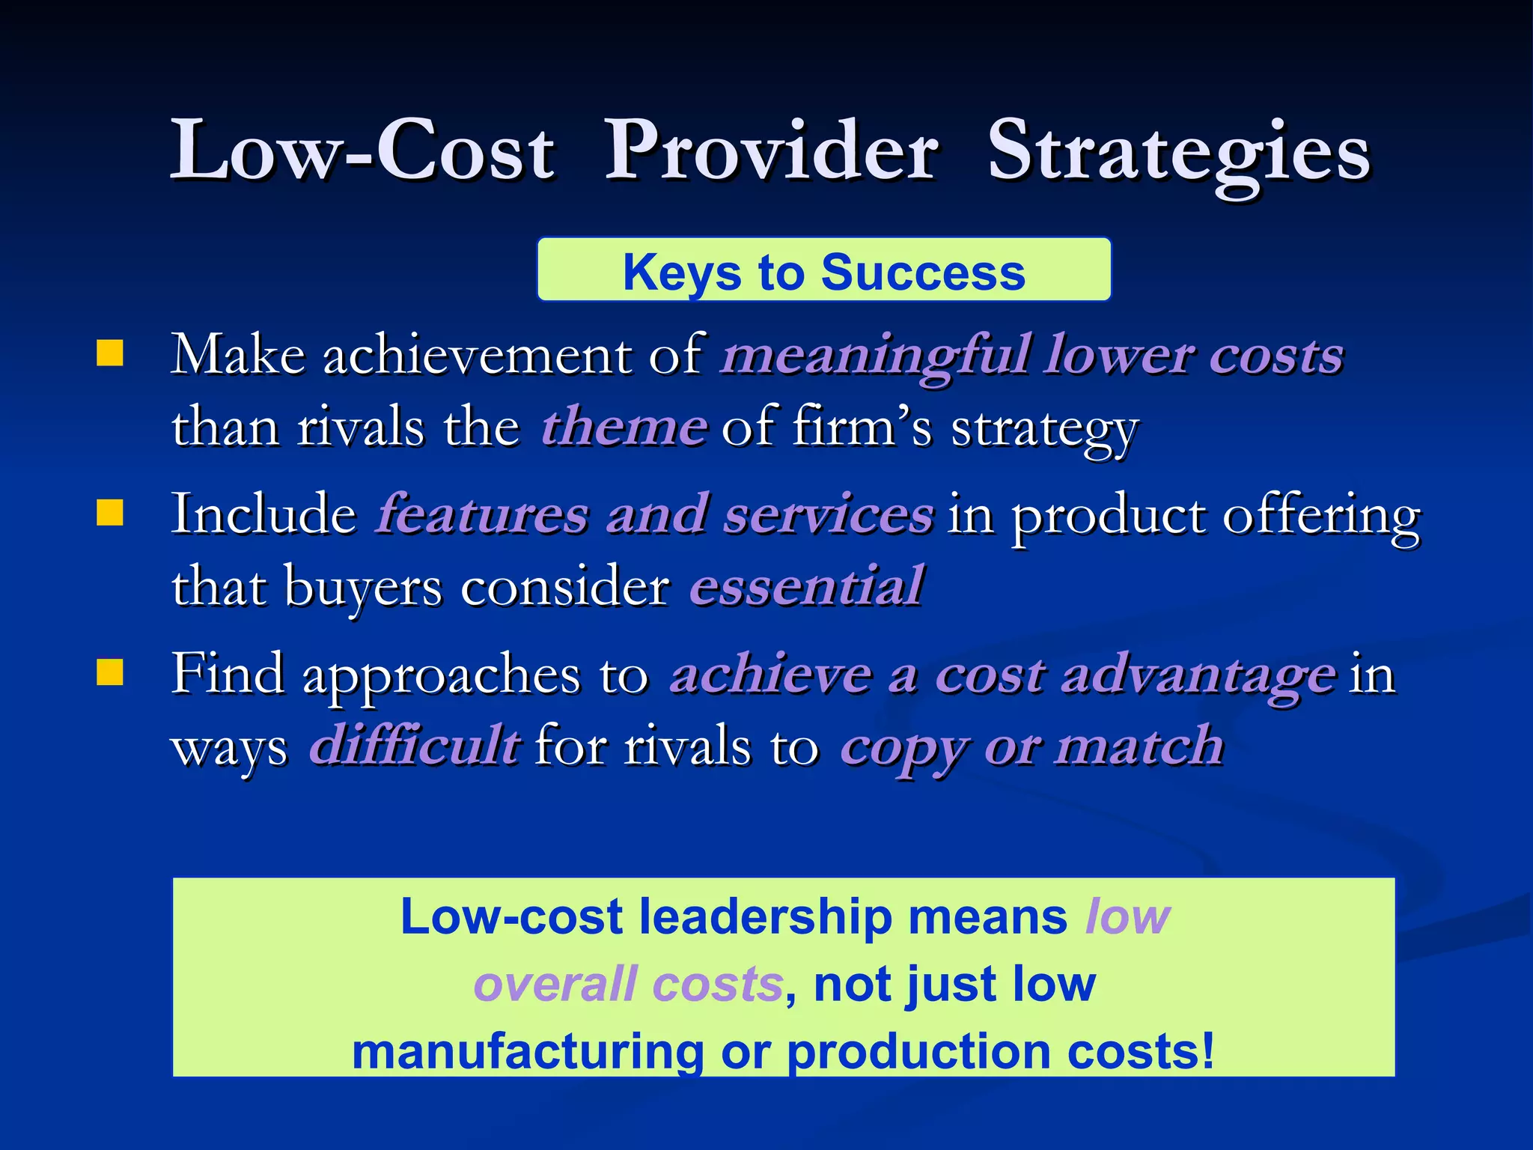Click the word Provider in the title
(771, 151)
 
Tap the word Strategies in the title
(1179, 153)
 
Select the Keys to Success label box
(824, 270)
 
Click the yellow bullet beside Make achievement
(110, 353)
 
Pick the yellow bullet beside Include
(110, 513)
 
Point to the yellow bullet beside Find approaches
(110, 672)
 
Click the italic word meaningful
(876, 356)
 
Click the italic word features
(483, 514)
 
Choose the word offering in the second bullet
(1320, 517)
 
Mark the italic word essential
(806, 586)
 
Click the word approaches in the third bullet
(441, 676)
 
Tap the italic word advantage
(1198, 676)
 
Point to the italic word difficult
(415, 746)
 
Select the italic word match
(1139, 746)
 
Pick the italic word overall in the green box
(555, 984)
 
